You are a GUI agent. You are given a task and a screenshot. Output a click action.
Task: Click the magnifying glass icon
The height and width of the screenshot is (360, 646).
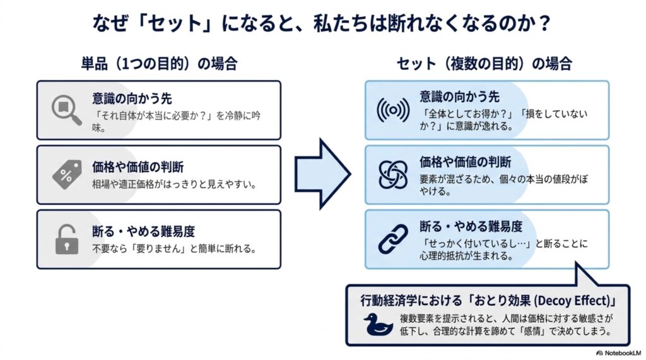[66, 110]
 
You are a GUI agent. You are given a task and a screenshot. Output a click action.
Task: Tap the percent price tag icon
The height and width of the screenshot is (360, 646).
[67, 174]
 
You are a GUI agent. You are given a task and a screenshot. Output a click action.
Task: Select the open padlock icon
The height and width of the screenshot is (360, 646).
[67, 240]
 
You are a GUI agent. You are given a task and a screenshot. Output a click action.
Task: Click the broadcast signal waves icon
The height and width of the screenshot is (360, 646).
[393, 110]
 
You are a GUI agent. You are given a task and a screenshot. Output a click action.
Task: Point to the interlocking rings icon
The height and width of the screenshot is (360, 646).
[393, 174]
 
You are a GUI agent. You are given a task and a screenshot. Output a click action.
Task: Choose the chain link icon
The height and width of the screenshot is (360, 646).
[393, 239]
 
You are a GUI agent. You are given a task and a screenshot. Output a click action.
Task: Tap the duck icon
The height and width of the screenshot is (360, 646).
[377, 324]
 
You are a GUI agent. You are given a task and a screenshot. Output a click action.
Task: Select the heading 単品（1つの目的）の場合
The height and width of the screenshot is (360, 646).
[159, 64]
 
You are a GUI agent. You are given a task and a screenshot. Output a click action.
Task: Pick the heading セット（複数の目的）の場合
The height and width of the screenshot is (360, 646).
[484, 64]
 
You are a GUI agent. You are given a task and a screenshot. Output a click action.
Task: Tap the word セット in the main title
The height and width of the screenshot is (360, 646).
[174, 23]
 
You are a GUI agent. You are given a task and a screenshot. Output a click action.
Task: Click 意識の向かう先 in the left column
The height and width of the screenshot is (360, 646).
[132, 98]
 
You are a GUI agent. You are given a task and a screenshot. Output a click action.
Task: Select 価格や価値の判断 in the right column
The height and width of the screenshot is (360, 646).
[465, 162]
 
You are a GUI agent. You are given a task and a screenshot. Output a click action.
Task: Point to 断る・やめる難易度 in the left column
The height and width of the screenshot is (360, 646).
[143, 231]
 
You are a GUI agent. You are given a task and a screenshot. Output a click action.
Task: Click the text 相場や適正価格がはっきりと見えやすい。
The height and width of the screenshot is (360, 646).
[175, 184]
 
